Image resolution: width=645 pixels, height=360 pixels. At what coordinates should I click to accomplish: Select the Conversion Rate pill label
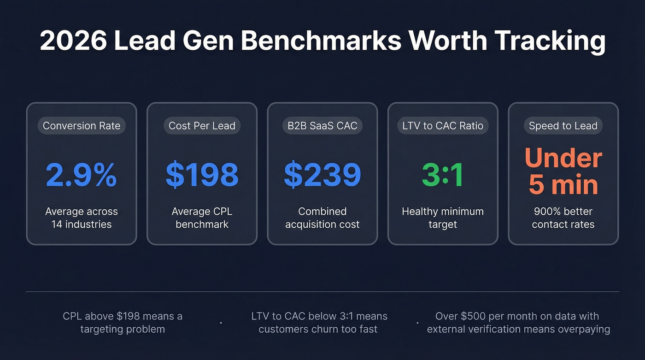(82, 126)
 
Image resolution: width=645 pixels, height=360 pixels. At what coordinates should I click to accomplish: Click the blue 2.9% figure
(82, 175)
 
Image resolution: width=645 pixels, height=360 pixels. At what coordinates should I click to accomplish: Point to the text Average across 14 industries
(82, 218)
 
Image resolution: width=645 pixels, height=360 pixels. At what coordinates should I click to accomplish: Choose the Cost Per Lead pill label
(202, 126)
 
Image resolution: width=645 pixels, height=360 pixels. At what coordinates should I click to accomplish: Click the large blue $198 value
(202, 175)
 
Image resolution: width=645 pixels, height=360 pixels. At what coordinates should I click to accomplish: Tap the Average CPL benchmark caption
(202, 218)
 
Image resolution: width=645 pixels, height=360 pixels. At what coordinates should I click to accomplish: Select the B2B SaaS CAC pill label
(322, 126)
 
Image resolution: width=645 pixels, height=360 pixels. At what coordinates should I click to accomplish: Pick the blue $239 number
(322, 175)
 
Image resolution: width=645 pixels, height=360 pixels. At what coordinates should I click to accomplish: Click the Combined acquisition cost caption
(322, 218)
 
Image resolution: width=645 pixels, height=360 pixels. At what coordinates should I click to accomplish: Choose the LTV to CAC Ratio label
(443, 126)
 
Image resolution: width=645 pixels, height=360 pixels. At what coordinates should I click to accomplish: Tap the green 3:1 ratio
(443, 175)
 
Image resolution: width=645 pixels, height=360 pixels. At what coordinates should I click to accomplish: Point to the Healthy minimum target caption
(443, 218)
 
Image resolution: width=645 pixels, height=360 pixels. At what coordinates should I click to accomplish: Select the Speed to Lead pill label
(563, 126)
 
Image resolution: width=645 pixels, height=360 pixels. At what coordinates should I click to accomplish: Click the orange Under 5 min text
(563, 171)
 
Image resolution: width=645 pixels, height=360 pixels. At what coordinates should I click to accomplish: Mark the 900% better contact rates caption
(563, 218)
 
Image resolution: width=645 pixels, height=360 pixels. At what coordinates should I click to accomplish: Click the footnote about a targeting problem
(122, 323)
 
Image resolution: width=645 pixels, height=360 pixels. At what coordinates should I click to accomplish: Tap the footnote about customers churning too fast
(319, 323)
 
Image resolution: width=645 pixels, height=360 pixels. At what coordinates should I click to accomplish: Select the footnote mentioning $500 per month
(518, 323)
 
